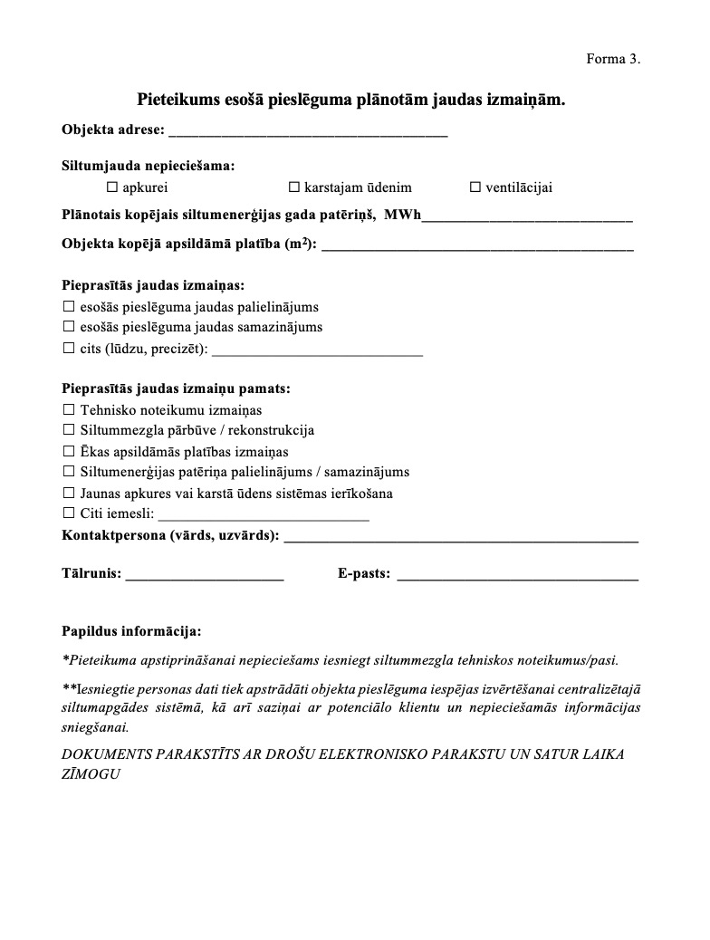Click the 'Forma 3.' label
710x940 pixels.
point(613,59)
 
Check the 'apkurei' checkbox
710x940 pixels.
point(112,187)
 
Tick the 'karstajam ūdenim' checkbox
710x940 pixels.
point(293,187)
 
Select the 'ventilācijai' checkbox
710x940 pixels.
point(475,187)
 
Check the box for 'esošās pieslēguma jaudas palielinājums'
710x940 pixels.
point(69,307)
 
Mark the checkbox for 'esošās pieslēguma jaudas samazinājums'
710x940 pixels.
point(69,327)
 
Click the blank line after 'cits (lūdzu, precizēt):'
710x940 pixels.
point(317,349)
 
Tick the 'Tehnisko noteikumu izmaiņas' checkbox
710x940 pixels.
point(69,410)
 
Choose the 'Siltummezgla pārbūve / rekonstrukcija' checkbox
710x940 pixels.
point(69,430)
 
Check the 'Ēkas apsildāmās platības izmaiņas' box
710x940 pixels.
point(69,451)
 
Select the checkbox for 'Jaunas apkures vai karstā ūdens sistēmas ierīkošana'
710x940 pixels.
point(69,493)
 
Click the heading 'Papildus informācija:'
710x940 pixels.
point(131,630)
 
